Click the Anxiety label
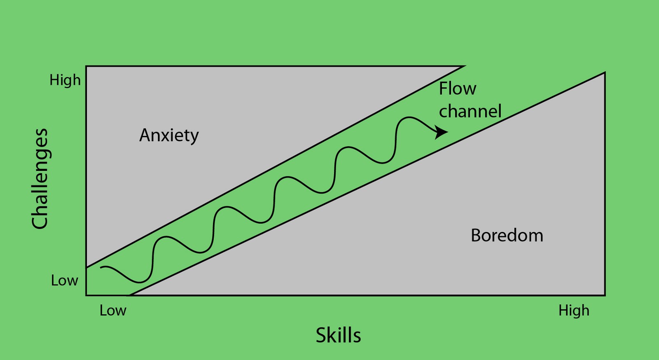(169, 136)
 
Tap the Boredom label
(507, 236)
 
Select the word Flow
(457, 89)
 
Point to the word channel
(470, 111)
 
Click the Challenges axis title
(40, 178)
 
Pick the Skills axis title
(338, 335)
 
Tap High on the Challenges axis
(65, 80)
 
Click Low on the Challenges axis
(64, 281)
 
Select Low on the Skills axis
(113, 311)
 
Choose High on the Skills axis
(574, 311)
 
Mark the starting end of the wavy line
(101, 268)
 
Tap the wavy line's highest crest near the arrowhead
(408, 118)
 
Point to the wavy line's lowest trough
(139, 283)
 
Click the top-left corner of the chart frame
(86, 66)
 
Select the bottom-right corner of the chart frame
(605, 295)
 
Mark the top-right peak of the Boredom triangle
(604, 73)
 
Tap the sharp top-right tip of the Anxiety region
(464, 66)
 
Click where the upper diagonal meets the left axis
(86, 268)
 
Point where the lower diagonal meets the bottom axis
(129, 295)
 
